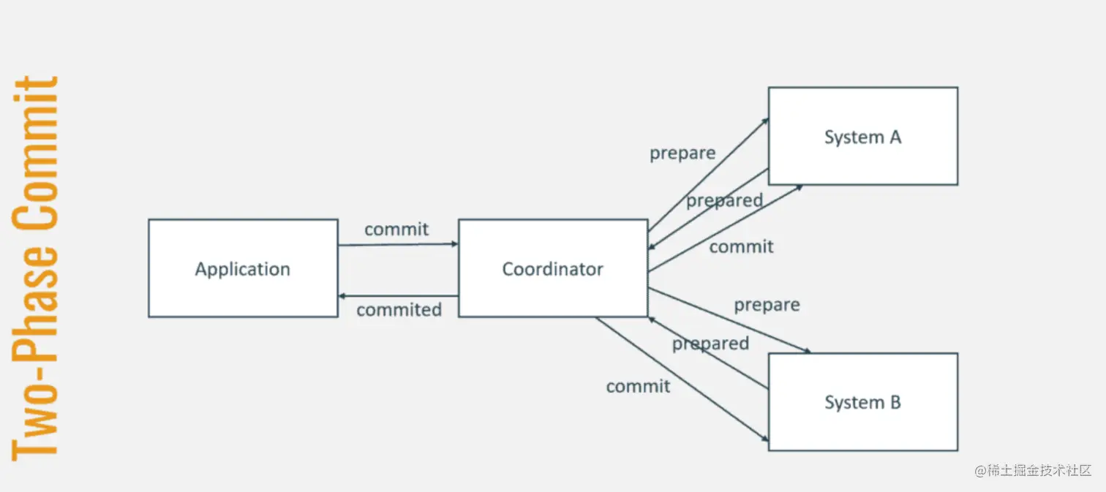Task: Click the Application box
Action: coord(243,292)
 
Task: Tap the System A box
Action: coord(863,161)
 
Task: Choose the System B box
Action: coord(863,428)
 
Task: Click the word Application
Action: coord(243,269)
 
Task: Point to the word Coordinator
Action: coord(553,269)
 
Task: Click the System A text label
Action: coord(863,137)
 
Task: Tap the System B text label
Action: coord(863,402)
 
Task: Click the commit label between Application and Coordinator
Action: coord(396,229)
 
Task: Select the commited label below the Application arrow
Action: coord(399,310)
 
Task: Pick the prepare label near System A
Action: coord(682,154)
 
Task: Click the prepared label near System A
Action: coord(724,200)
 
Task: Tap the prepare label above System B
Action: coord(767,304)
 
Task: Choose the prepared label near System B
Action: coord(710,344)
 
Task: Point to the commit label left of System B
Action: coord(638,386)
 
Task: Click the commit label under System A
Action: coord(741,247)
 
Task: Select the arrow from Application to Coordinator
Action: coord(398,244)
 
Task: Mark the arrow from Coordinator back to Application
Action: coord(398,296)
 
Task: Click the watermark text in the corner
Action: coord(1033,470)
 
